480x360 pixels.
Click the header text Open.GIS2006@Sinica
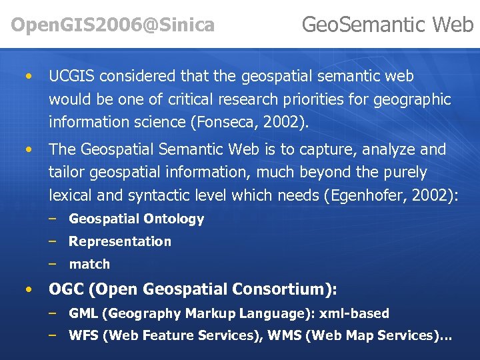click(113, 25)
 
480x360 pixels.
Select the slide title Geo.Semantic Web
click(387, 25)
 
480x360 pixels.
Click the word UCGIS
click(73, 77)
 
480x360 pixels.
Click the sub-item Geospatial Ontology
click(136, 219)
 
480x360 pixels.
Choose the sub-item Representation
click(120, 241)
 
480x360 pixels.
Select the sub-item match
click(89, 264)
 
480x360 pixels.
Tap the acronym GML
click(84, 313)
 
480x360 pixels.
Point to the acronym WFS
click(84, 336)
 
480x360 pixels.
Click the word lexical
click(70, 195)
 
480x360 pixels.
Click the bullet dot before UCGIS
click(27, 77)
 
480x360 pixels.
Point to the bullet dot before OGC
click(27, 290)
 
